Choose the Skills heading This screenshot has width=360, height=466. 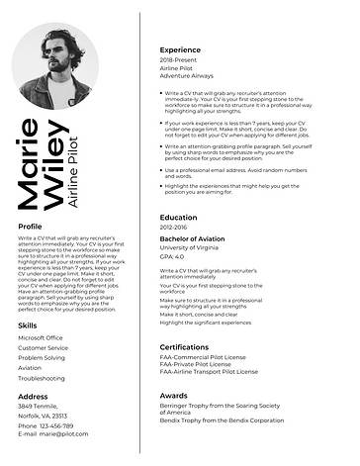pos(28,325)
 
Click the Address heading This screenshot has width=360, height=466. pos(33,396)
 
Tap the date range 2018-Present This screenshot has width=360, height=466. pos(179,60)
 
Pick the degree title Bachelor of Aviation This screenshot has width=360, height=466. pos(193,239)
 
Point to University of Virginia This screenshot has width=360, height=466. pos(189,248)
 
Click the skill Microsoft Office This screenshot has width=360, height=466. pos(41,337)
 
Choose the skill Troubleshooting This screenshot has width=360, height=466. pos(41,378)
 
